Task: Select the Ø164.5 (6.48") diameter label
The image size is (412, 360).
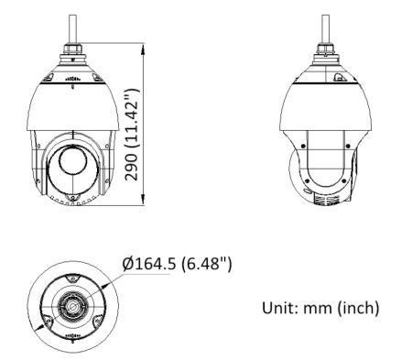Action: pos(178,265)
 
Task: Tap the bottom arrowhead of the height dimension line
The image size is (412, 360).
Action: pos(146,205)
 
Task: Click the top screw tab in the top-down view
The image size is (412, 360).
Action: pos(71,278)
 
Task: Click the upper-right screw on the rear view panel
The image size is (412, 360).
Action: pos(349,145)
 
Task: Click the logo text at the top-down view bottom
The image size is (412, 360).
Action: pos(71,336)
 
